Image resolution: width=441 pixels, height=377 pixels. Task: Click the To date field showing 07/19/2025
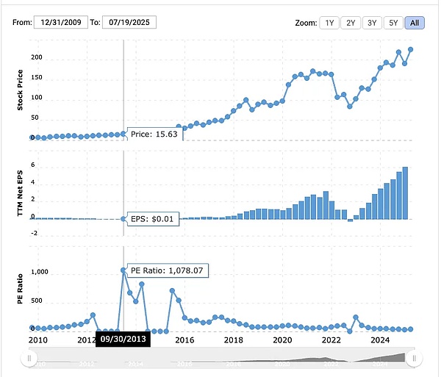(129, 23)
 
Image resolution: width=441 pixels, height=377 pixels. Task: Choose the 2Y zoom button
(352, 23)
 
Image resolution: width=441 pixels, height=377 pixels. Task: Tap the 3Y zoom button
(373, 23)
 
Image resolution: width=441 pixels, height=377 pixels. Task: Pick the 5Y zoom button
(393, 23)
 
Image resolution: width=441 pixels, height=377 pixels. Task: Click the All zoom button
(414, 23)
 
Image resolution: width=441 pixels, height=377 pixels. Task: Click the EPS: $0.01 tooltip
(153, 219)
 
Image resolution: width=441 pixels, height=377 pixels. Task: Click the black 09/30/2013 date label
(123, 339)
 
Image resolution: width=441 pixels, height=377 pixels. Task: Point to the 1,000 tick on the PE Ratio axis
(38, 272)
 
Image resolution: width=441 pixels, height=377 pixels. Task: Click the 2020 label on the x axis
(282, 340)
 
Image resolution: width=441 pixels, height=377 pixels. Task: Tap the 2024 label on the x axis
(380, 340)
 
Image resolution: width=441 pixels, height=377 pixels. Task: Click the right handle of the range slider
(414, 358)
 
